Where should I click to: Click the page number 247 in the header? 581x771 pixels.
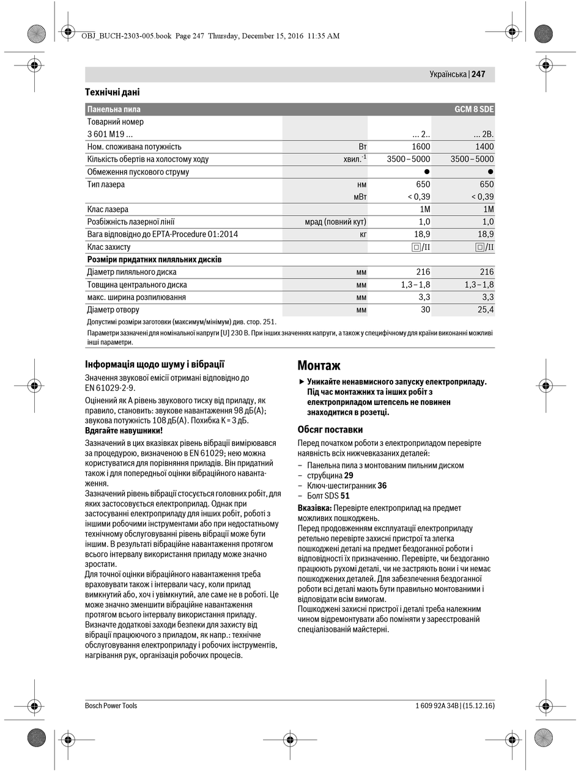point(478,74)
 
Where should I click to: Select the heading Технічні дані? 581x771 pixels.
point(113,92)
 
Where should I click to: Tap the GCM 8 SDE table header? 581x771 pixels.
point(473,109)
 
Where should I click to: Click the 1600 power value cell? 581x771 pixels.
point(421,147)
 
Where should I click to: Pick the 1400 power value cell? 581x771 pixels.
point(484,147)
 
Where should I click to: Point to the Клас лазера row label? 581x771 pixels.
point(108,210)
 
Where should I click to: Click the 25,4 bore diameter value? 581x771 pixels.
point(484,310)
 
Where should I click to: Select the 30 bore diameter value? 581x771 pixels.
point(424,310)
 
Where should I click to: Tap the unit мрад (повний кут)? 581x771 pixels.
point(336,222)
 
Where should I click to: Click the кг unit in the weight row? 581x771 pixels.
point(363,235)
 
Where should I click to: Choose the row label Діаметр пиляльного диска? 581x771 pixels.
point(131,272)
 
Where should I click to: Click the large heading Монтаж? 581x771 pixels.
point(319,365)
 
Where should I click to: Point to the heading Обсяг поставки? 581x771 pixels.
point(330,429)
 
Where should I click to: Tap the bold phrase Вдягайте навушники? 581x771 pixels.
point(124,430)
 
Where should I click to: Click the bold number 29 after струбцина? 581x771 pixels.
point(349,475)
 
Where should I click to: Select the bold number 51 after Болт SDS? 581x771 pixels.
point(345,496)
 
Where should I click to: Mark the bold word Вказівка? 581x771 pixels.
point(315,508)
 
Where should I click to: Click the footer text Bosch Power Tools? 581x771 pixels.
point(111,706)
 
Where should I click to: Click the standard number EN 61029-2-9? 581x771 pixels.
point(110,388)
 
